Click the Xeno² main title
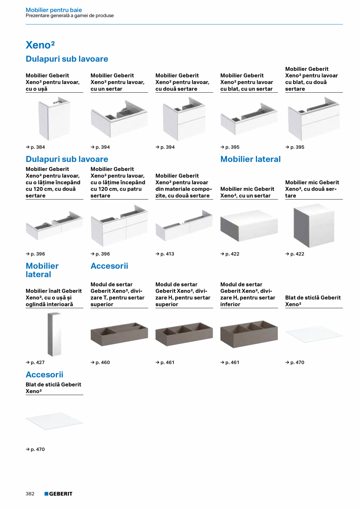(40, 45)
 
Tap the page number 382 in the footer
(30, 494)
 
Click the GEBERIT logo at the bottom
(58, 494)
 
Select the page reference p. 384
(35, 147)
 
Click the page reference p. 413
(165, 254)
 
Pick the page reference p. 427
(35, 362)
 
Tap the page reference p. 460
(100, 362)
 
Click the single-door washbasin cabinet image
(54, 119)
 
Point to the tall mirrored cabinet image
(54, 334)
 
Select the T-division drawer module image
(119, 334)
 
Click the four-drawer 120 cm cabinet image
(119, 226)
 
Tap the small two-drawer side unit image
(314, 226)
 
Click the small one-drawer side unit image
(249, 226)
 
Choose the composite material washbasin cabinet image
(184, 226)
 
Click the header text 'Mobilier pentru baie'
(54, 10)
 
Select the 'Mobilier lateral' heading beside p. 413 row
(250, 159)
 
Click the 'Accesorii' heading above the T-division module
(109, 266)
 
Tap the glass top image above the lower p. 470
(54, 421)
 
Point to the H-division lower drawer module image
(249, 334)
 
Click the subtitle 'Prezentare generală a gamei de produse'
(70, 16)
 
